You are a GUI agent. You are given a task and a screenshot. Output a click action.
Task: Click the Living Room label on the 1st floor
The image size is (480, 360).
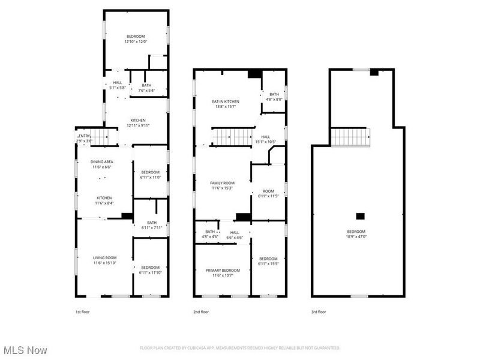pos(104,257)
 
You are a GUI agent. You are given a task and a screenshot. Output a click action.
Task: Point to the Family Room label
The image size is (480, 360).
pos(222,182)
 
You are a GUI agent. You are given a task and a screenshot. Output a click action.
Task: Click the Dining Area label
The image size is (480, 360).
pos(101,161)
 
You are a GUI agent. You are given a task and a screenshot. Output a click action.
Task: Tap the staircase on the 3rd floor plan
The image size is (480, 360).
pos(353,137)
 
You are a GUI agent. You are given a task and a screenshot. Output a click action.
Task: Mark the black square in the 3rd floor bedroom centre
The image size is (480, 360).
pos(360,216)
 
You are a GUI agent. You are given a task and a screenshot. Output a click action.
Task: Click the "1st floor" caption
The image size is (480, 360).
pos(83,312)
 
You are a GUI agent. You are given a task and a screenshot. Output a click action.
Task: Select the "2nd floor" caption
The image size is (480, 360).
pos(201,312)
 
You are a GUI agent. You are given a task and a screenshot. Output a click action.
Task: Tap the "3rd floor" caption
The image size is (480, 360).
pos(319,312)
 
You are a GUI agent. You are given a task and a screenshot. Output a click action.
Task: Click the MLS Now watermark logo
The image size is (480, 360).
pos(25,349)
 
